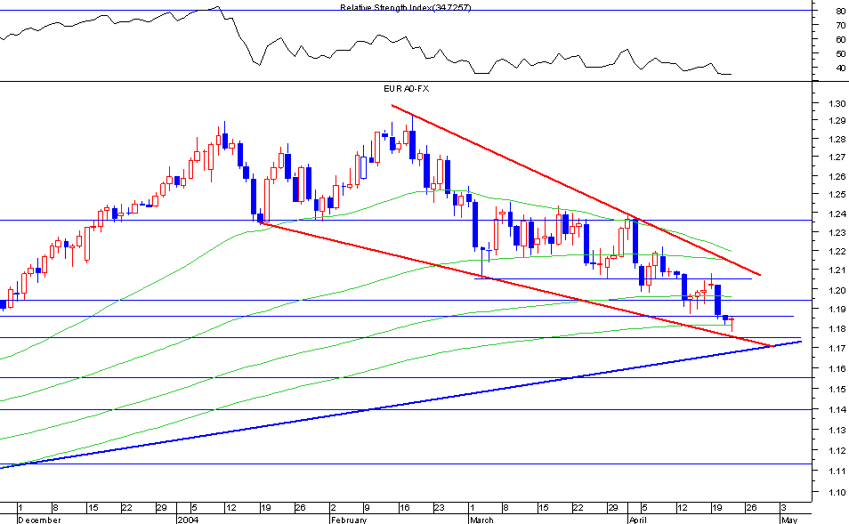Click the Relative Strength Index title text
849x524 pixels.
pos(406,7)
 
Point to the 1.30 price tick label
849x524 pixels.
pos(835,104)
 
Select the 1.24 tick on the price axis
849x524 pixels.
pos(835,214)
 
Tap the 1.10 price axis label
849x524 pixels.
pos(835,492)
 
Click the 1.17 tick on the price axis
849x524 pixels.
pos(835,348)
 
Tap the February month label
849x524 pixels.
pos(348,519)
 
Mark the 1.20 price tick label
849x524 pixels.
pos(835,291)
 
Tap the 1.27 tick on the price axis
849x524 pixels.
pos(835,158)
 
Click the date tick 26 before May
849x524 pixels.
pos(752,507)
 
